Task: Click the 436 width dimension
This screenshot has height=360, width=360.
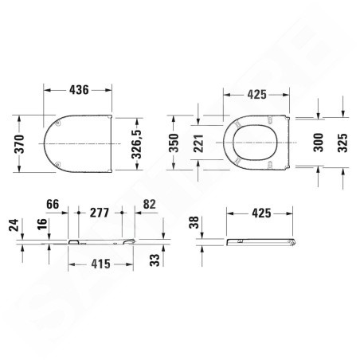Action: (79, 90)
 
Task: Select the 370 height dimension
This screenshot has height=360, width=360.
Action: (19, 144)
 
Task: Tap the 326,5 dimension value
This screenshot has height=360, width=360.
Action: (136, 144)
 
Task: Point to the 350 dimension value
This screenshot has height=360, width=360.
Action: (174, 143)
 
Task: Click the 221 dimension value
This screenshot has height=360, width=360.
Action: (198, 143)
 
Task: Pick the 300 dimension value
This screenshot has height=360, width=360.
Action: (319, 143)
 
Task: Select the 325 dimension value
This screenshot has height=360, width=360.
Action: (342, 143)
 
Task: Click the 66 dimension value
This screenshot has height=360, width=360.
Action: (53, 204)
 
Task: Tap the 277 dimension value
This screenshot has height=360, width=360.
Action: (100, 213)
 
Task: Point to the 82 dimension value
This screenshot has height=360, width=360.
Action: (149, 204)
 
